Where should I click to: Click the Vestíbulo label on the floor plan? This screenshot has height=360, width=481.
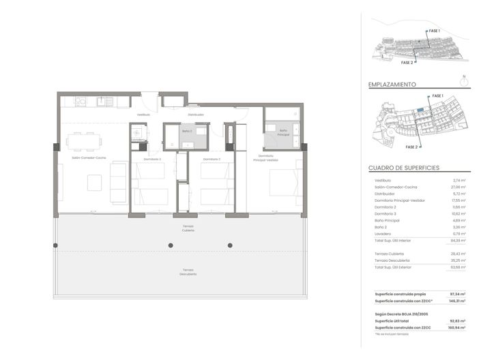pyautogui.click(x=143, y=115)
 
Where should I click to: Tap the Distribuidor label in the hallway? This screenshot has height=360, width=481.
pyautogui.click(x=196, y=115)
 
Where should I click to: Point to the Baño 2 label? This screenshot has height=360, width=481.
pyautogui.click(x=186, y=131)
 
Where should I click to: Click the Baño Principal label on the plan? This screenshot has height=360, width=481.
pyautogui.click(x=284, y=134)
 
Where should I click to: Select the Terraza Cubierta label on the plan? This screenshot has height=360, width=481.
pyautogui.click(x=188, y=228)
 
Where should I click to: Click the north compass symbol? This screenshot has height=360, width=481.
pyautogui.click(x=463, y=80)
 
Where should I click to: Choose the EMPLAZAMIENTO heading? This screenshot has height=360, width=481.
pyautogui.click(x=392, y=85)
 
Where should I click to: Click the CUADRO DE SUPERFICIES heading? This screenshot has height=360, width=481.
pyautogui.click(x=404, y=168)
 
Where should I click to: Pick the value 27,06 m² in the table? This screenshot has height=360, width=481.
pyautogui.click(x=458, y=187)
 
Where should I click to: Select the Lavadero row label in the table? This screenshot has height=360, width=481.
pyautogui.click(x=383, y=234)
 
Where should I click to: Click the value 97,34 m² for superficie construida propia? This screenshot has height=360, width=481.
pyautogui.click(x=457, y=294)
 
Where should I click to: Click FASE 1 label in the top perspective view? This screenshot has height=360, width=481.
pyautogui.click(x=434, y=31)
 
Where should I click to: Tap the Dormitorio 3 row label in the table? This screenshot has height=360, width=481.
pyautogui.click(x=385, y=213)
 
